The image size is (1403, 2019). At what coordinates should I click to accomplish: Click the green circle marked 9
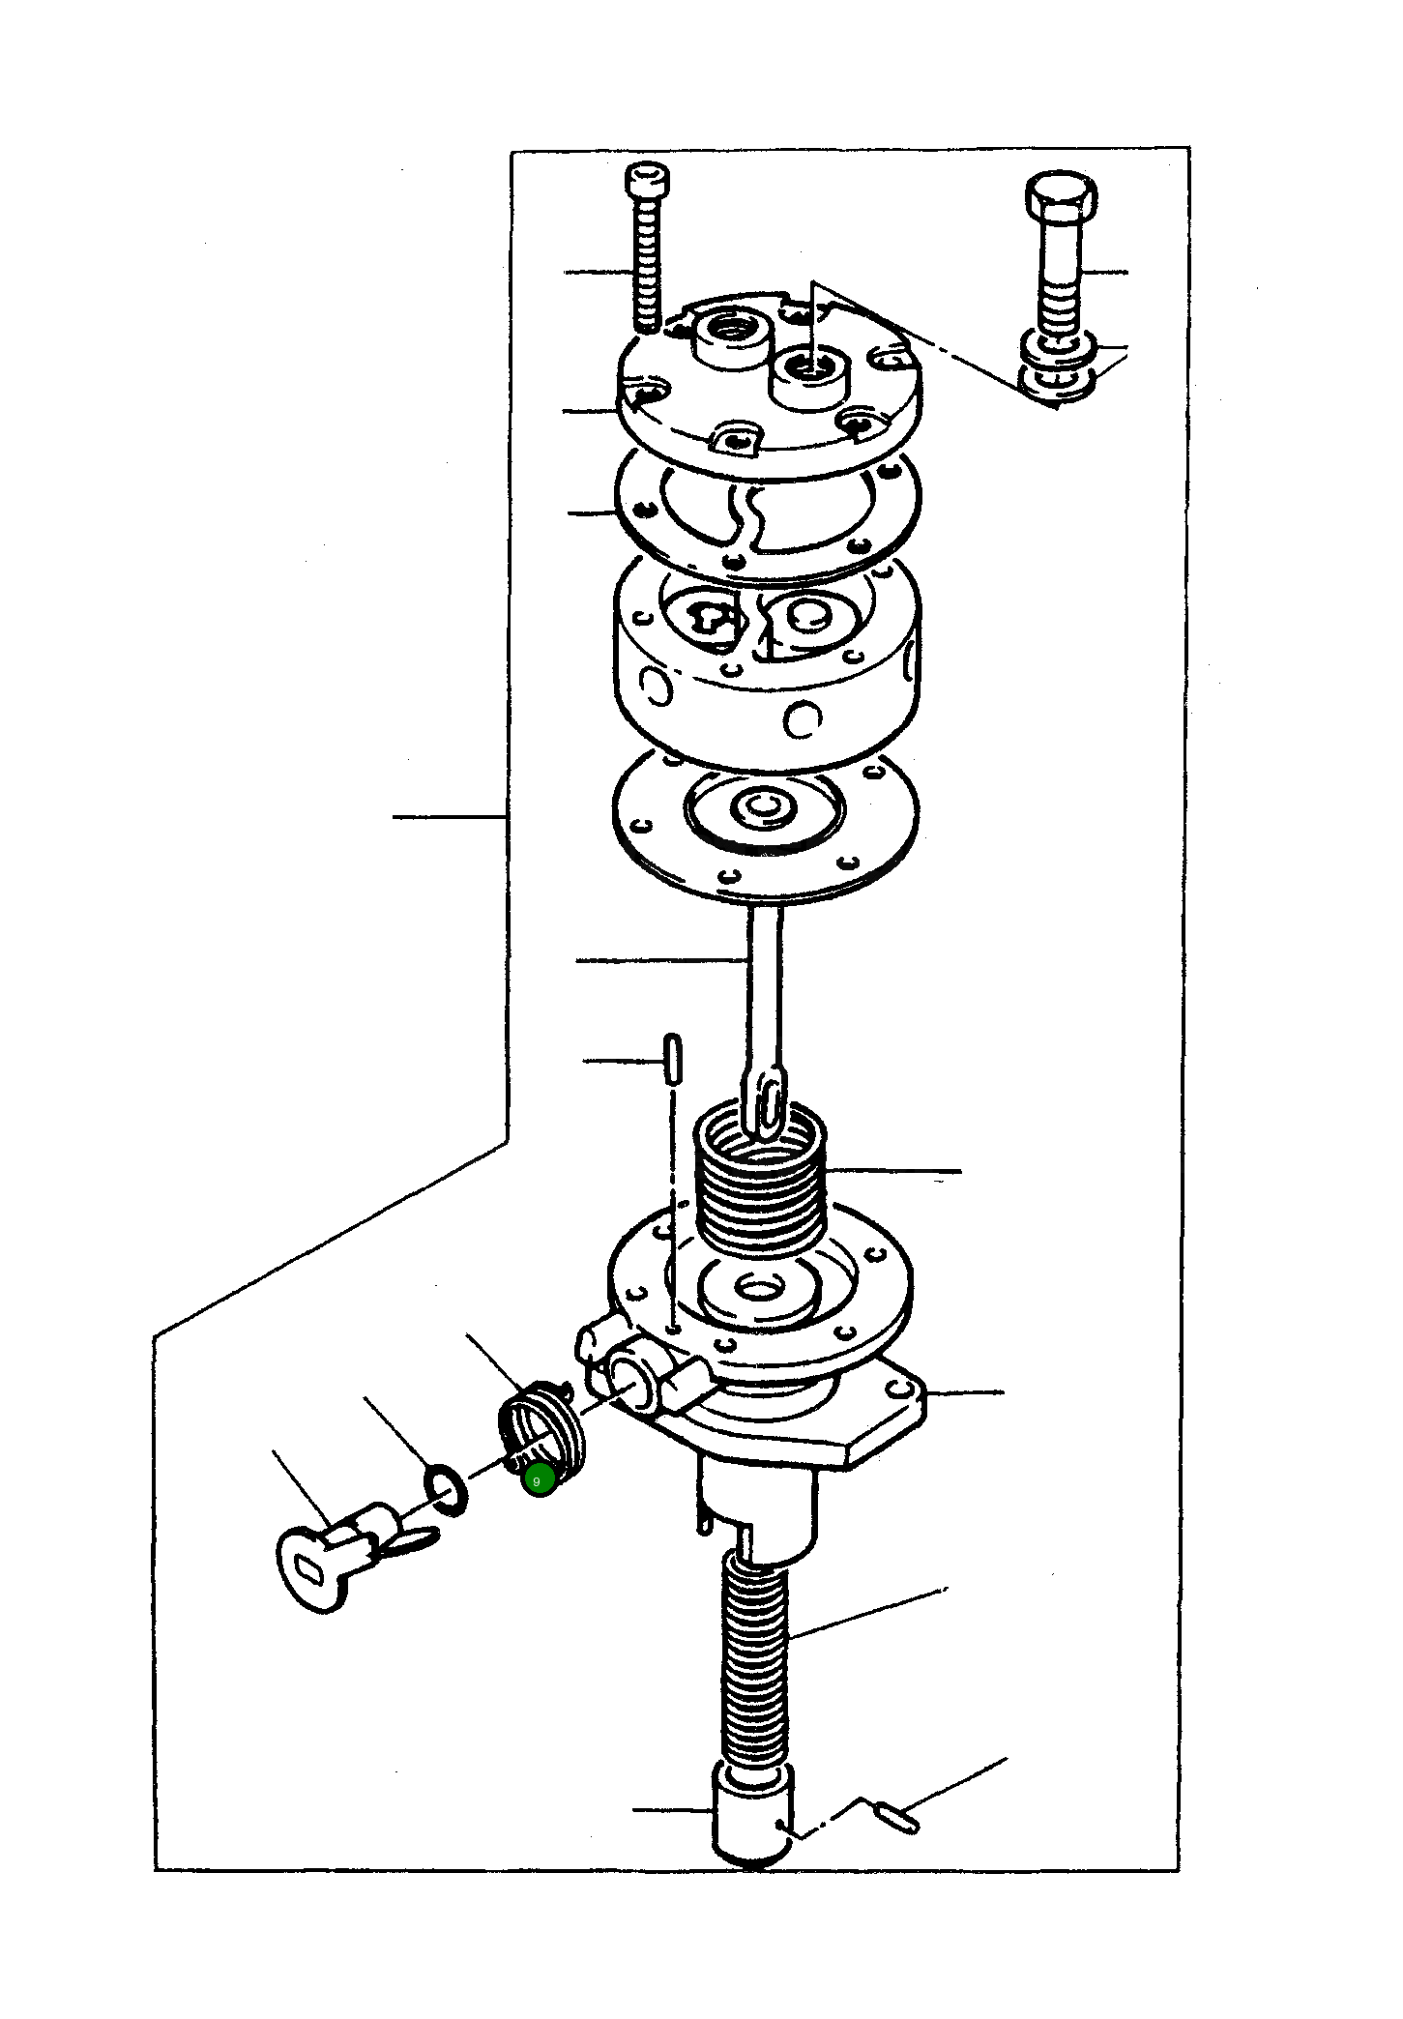[539, 1479]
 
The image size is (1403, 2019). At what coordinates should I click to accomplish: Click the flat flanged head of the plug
[307, 1568]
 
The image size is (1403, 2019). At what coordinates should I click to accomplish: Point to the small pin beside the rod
[673, 1058]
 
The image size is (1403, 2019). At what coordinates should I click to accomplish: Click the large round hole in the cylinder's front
[803, 718]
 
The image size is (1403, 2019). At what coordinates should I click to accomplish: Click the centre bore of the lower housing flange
[761, 1287]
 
